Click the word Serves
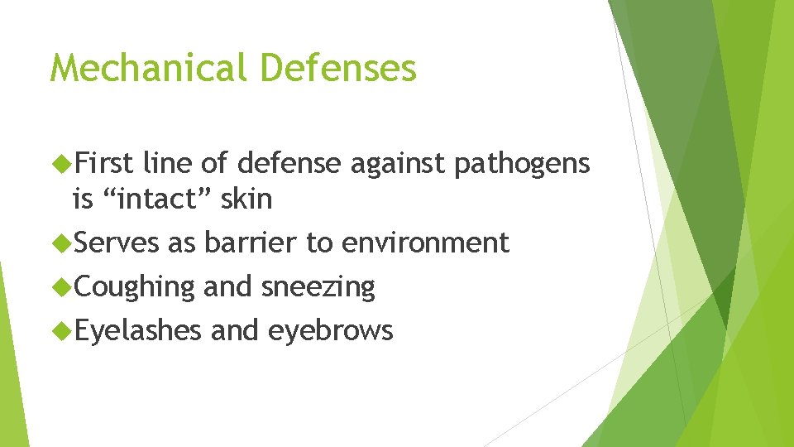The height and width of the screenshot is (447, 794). [x=116, y=243]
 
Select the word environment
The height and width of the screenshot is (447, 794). [x=425, y=243]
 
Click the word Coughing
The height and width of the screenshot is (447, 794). [x=135, y=287]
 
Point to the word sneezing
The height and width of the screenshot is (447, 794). [x=318, y=287]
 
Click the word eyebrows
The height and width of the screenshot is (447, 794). [x=330, y=330]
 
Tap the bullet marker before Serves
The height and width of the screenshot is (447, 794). [x=63, y=243]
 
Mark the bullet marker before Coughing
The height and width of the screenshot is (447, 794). [x=63, y=286]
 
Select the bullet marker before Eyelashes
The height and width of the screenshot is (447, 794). [x=63, y=330]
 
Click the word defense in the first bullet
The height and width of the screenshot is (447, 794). [x=289, y=164]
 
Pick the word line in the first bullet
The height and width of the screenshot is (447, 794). [x=169, y=164]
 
